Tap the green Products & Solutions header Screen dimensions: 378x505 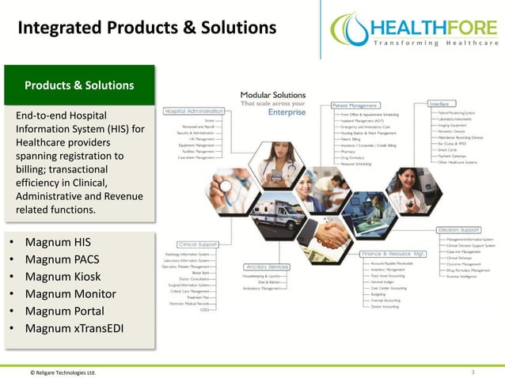tap(79, 85)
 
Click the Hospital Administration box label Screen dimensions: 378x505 tap(193, 112)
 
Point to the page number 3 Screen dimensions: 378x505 tap(473, 371)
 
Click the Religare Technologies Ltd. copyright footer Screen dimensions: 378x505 tap(63, 372)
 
